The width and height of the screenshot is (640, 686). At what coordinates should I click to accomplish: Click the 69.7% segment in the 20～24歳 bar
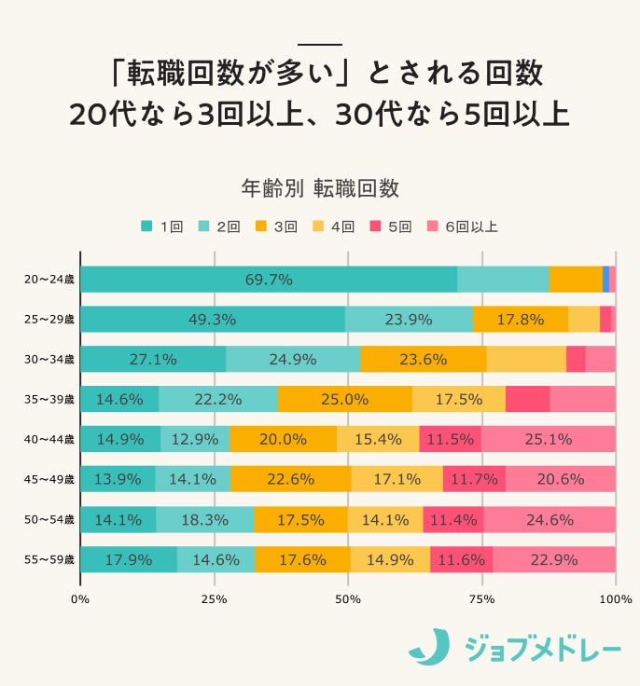pos(269,279)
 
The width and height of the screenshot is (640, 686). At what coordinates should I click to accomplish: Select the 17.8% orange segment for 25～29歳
pos(521,319)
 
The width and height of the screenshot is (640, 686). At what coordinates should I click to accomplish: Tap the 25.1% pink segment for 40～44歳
pos(549,439)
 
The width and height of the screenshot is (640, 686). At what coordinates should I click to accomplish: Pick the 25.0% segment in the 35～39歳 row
pos(344,399)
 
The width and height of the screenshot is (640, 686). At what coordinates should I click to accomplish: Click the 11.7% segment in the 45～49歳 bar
pos(474,479)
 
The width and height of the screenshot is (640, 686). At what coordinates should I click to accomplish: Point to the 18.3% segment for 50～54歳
pos(204,519)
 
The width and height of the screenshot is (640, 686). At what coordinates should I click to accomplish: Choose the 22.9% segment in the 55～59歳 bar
pos(554,559)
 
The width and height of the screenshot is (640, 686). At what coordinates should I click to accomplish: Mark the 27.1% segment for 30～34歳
pos(153,359)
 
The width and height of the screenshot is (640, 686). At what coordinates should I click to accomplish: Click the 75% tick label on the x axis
pos(481,598)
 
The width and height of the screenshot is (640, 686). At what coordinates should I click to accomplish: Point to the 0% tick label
pos(80,598)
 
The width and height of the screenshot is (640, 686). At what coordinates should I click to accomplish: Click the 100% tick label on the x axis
pos(616,598)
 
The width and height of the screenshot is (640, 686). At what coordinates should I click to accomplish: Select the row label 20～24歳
pos(49,279)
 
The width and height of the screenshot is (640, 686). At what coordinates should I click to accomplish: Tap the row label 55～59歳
pos(49,559)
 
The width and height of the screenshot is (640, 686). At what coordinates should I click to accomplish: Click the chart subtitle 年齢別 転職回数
pos(320,187)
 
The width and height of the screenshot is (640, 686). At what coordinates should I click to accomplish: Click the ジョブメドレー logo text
pos(540,647)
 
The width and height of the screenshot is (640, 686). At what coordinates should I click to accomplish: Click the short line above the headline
pos(320,44)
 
